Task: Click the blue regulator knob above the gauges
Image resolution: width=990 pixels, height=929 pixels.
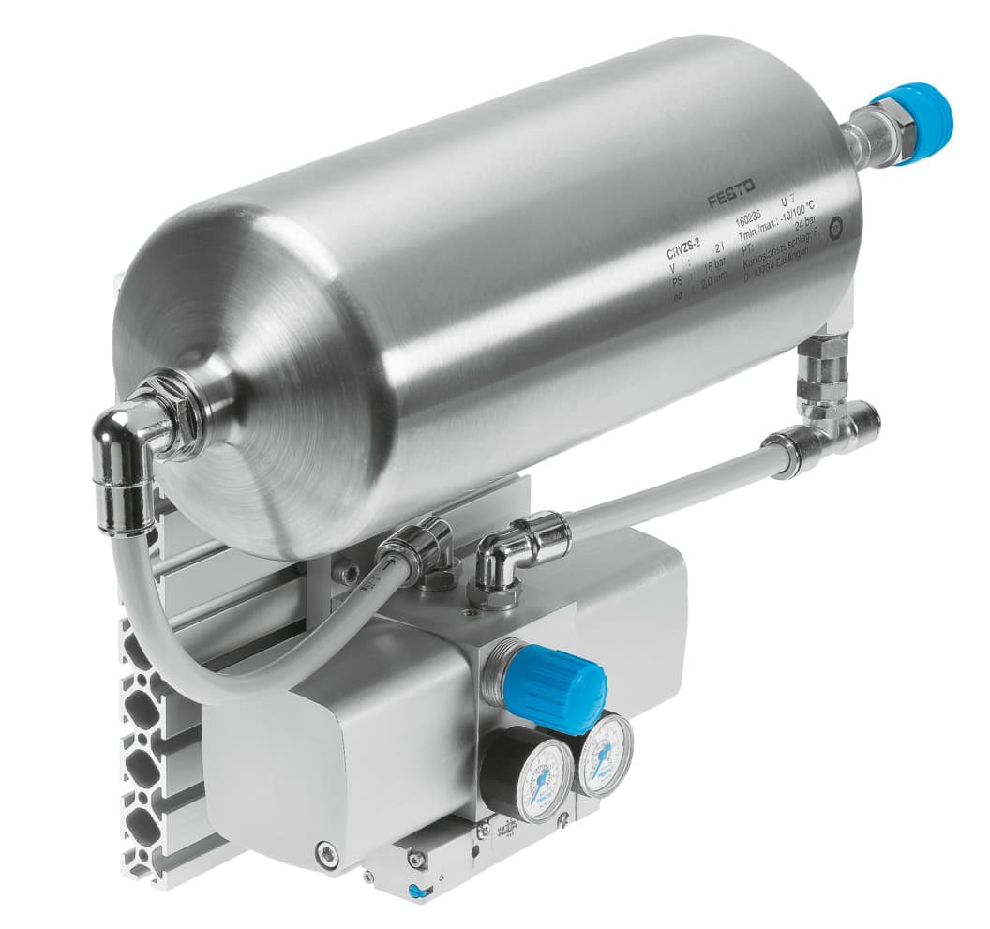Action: [x=553, y=688]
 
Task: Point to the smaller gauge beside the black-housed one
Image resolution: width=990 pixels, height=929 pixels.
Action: [x=604, y=754]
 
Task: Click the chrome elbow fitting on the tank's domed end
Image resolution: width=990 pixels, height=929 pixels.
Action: [x=127, y=450]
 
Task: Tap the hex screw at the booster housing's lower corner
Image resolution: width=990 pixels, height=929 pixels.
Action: [x=325, y=854]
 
